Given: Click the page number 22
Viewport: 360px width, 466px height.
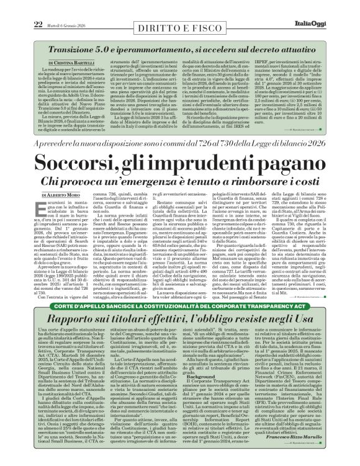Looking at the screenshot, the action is tap(20, 7).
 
